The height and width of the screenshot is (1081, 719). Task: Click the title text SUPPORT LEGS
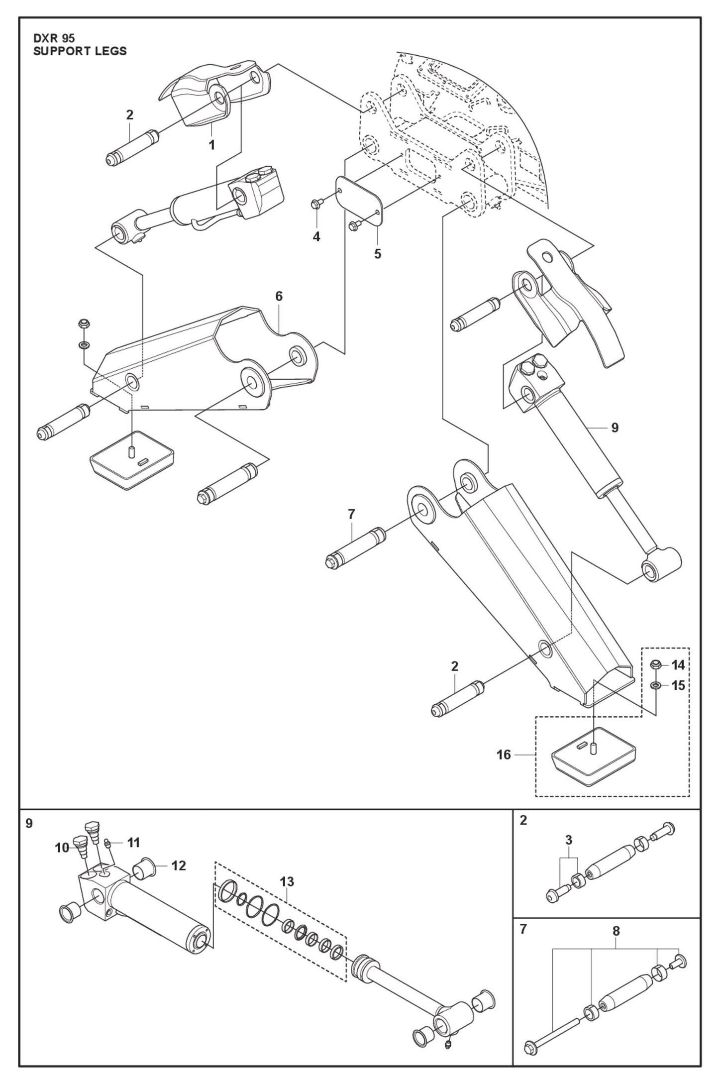point(80,51)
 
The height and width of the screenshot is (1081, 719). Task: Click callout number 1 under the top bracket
point(211,145)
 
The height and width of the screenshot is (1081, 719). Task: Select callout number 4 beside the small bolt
point(316,236)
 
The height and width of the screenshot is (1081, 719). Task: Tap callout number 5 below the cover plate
point(378,253)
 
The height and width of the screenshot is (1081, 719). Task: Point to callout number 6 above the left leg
point(279,296)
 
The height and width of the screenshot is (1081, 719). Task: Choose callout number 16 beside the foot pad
point(504,755)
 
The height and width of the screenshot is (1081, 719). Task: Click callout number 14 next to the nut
point(678,665)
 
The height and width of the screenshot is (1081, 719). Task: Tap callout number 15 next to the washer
point(678,685)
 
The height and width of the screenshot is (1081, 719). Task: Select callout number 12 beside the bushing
point(178,865)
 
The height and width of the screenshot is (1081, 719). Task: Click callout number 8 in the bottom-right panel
point(616,931)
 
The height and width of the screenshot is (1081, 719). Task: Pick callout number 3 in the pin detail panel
point(568,840)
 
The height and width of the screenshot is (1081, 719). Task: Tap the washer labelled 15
point(656,686)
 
